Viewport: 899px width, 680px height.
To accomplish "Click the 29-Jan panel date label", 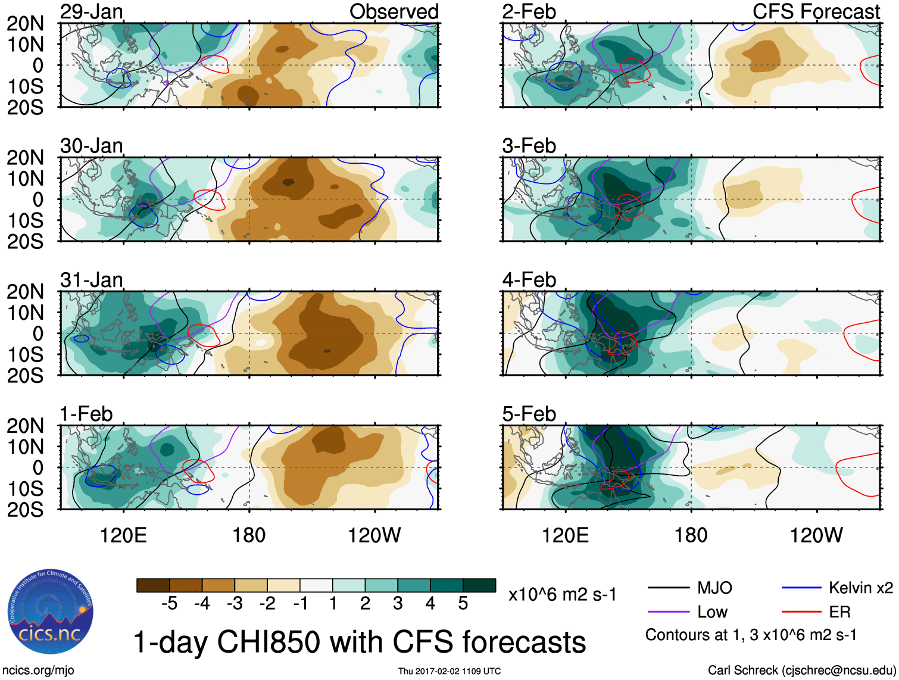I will pos(91,11).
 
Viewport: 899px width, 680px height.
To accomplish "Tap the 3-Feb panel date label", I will pos(529,146).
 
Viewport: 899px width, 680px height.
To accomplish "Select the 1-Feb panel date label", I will pos(86,414).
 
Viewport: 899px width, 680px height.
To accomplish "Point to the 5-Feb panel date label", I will pos(529,414).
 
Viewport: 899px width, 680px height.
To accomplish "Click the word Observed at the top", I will pos(394,11).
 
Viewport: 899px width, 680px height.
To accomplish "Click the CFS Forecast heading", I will pos(816,11).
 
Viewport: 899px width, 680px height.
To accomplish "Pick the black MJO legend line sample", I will pos(668,588).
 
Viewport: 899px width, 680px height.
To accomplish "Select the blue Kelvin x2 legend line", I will pos(801,588).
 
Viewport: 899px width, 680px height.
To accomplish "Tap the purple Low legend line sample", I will pos(668,612).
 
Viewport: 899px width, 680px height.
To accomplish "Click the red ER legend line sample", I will pos(801,612).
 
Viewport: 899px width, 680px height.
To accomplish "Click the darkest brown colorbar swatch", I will pos(153,585).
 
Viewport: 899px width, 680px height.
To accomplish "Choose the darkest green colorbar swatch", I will pos(479,585).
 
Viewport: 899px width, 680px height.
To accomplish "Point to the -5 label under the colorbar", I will pos(169,604).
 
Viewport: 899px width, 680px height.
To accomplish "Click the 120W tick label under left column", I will pos(374,535).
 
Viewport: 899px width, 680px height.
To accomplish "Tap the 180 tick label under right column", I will pos(691,535).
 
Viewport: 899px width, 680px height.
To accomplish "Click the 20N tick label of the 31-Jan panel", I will pos(25,292).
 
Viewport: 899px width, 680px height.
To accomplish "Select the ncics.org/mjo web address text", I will pos(38,670).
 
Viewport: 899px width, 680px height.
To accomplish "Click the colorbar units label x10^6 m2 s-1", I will pos(562,595).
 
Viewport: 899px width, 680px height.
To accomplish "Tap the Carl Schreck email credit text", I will pos(801,670).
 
